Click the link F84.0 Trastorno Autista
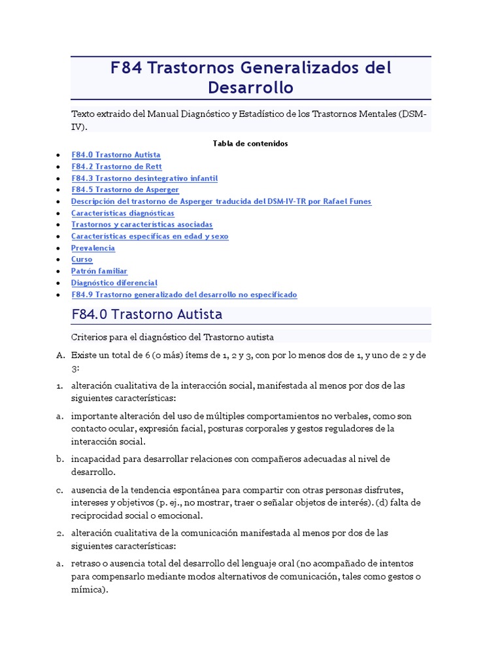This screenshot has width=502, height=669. tap(116, 155)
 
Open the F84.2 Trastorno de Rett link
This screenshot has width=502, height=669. tap(116, 167)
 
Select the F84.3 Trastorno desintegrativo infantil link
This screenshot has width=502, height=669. tap(144, 178)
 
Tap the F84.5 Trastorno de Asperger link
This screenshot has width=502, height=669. tap(125, 189)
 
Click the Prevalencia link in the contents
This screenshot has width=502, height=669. tap(93, 248)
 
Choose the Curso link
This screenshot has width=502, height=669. tap(82, 259)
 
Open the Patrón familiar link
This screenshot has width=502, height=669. tap(99, 271)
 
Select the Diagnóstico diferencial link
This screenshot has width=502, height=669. tap(114, 283)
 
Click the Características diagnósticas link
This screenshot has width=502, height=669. tap(123, 213)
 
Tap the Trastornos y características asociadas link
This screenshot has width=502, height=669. tap(142, 225)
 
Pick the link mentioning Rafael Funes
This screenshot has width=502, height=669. tap(221, 201)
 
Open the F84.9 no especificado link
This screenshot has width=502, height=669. tap(184, 295)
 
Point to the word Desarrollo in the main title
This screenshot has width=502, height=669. tap(250, 88)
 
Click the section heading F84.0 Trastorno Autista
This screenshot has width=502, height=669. tap(146, 315)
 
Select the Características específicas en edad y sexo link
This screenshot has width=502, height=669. tap(150, 237)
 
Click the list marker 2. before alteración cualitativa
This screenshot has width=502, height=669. tap(59, 533)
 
